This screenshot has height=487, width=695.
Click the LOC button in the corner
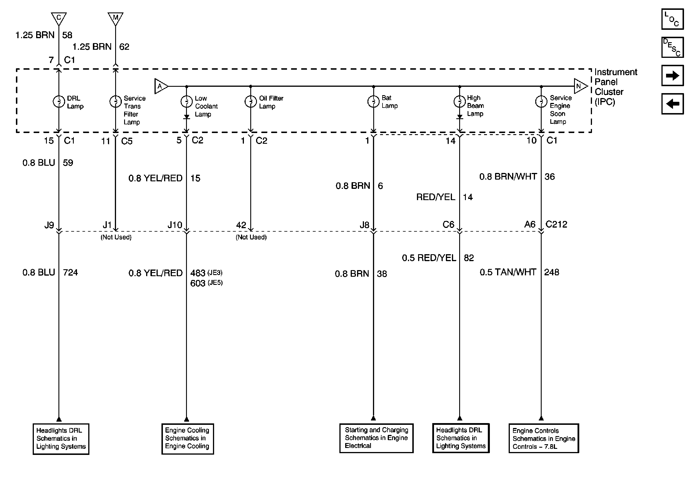[672, 19]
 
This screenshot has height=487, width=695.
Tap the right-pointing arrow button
[672, 75]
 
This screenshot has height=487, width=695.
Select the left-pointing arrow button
[672, 104]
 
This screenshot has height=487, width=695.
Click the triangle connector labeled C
[59, 18]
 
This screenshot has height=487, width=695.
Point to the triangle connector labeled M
[115, 18]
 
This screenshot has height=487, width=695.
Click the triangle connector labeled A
[160, 86]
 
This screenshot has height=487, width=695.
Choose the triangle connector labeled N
[580, 86]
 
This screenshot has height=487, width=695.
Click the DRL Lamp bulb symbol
[59, 102]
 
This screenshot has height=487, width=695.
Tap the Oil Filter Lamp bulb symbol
[250, 102]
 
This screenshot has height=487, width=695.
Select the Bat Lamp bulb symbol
[373, 101]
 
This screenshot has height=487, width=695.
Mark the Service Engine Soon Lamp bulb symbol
[541, 101]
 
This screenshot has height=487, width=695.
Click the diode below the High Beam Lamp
[459, 117]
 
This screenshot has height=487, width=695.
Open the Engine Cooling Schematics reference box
[187, 439]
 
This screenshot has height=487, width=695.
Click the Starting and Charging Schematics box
[376, 438]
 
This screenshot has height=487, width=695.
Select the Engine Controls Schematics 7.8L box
[544, 438]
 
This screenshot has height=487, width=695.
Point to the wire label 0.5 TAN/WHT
[508, 272]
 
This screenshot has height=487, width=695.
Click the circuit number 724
[70, 272]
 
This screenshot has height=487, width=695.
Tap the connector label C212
[556, 224]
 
